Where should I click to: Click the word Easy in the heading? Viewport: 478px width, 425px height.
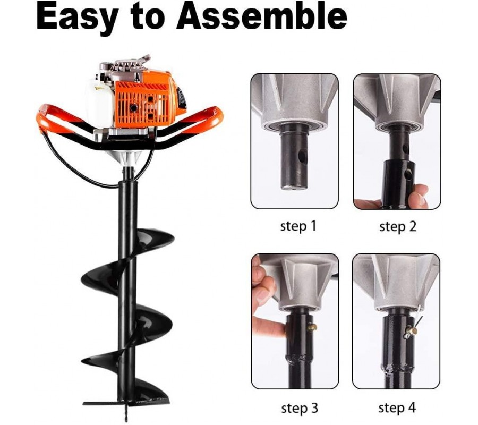[77, 17]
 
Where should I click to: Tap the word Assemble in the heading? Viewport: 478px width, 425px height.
[261, 15]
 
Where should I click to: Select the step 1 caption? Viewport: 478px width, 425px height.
[298, 226]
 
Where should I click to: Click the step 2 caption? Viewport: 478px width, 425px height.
[398, 226]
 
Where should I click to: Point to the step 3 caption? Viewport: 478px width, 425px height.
[300, 408]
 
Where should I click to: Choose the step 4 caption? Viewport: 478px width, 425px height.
[397, 408]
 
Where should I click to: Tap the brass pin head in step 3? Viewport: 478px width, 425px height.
[312, 328]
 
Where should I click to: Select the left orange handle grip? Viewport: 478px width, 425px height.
[55, 121]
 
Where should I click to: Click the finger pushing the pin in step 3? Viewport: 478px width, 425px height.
[268, 327]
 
